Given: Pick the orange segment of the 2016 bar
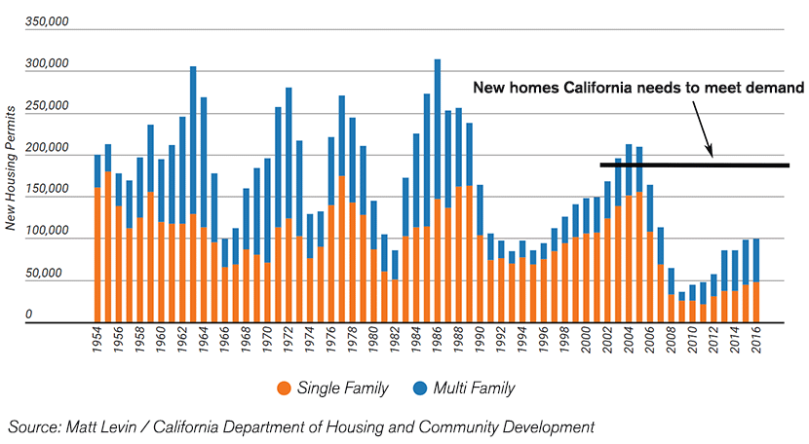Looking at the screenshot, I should (755, 301).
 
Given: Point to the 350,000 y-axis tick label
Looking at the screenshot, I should (47, 19).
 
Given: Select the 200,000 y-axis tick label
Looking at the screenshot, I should (47, 148).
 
